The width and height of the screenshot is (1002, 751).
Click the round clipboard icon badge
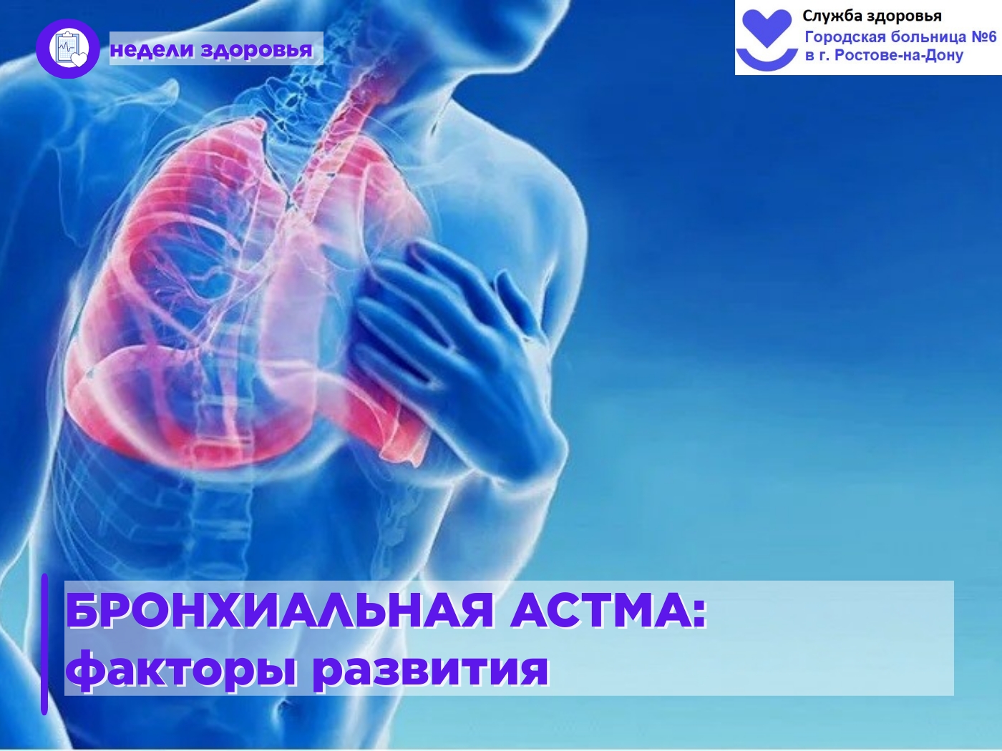click(x=67, y=49)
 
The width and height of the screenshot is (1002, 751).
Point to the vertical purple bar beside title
click(x=44, y=644)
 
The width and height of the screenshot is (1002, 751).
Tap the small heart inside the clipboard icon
click(x=79, y=60)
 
